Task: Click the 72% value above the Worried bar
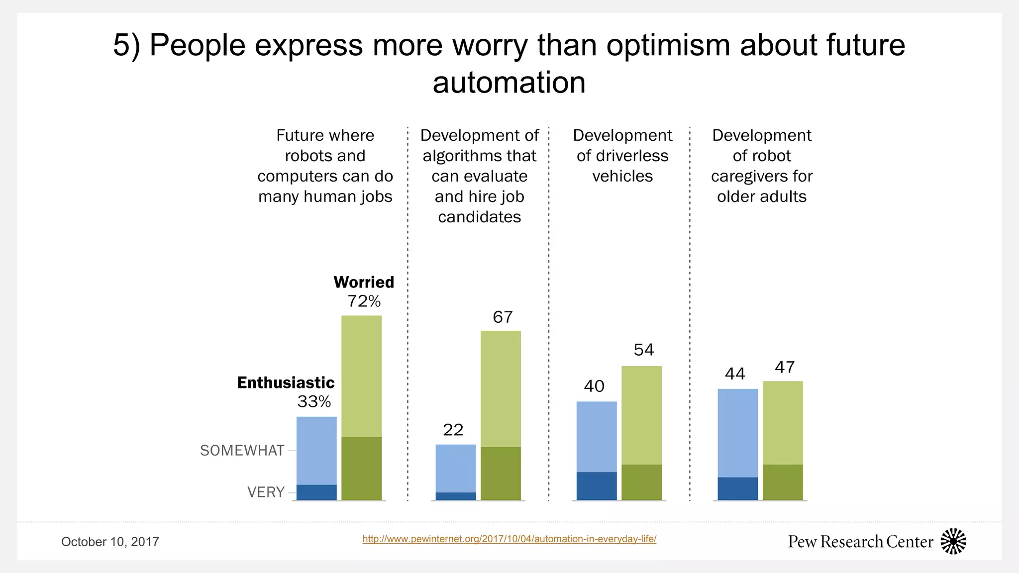click(x=364, y=301)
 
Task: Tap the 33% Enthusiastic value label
click(x=314, y=402)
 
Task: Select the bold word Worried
click(x=364, y=282)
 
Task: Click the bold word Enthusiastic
click(x=286, y=382)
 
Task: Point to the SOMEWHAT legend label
click(x=242, y=451)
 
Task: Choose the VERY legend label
click(x=266, y=492)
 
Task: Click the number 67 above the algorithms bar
click(x=503, y=317)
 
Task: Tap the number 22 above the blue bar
click(x=453, y=430)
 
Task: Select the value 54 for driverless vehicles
click(x=643, y=350)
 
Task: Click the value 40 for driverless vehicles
click(x=594, y=386)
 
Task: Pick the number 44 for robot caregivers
click(x=735, y=374)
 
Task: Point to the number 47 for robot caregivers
click(x=784, y=368)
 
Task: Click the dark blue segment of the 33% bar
click(x=316, y=492)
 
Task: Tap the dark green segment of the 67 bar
click(x=501, y=474)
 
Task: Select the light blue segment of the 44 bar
click(x=737, y=433)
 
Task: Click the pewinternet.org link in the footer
click(x=509, y=539)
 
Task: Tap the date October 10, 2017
click(x=110, y=542)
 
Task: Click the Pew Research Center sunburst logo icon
click(x=953, y=541)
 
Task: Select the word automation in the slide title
click(x=509, y=83)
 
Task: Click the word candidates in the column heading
click(x=479, y=217)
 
